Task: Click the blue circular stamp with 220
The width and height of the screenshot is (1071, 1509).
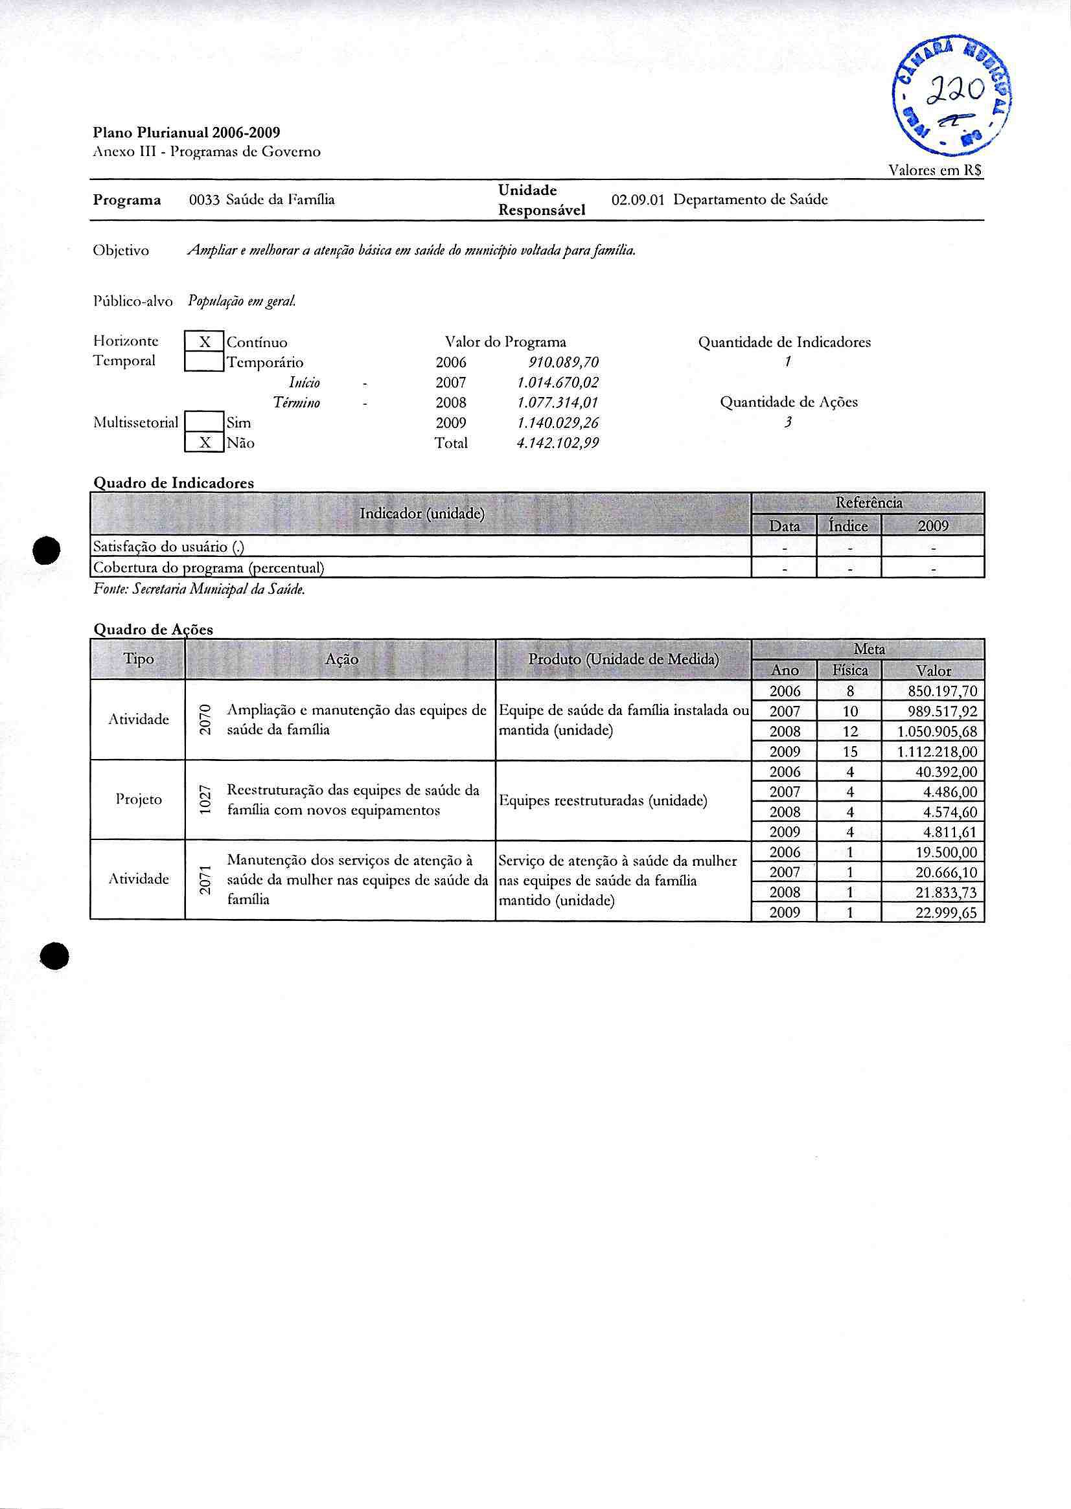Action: click(x=952, y=95)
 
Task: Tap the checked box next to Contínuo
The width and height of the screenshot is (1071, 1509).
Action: click(x=205, y=342)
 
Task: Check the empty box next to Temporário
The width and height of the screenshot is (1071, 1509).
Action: click(x=205, y=362)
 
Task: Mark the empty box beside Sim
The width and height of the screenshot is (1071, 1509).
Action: click(x=205, y=422)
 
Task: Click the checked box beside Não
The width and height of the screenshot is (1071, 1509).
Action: click(x=205, y=442)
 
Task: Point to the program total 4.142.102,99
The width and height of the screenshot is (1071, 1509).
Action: click(x=557, y=443)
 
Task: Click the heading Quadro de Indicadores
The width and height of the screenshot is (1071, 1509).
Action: click(x=174, y=482)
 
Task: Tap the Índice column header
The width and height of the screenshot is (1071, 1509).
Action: click(x=848, y=525)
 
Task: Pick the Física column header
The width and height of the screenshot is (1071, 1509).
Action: click(x=849, y=670)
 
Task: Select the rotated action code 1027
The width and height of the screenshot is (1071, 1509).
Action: click(x=205, y=800)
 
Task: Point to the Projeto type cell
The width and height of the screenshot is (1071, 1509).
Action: click(x=139, y=800)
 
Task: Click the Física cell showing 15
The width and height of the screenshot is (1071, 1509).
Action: click(x=850, y=751)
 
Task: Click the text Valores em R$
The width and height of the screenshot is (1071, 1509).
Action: click(x=935, y=170)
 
